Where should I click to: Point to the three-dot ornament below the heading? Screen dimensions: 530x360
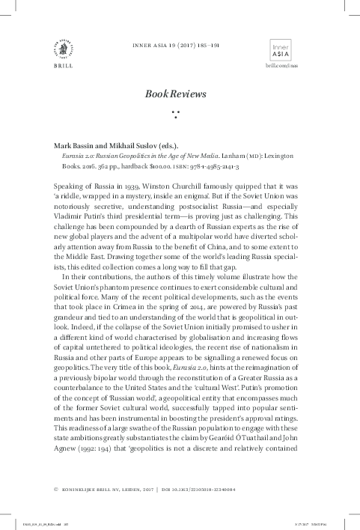click(177, 115)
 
